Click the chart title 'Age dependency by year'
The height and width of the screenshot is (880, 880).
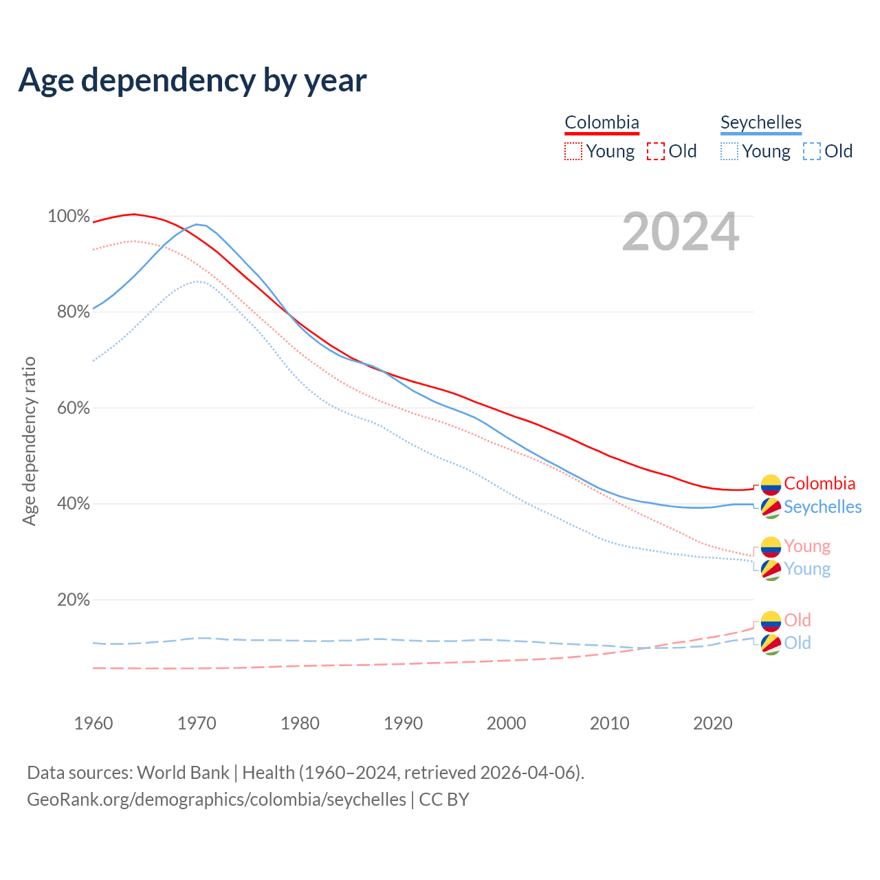(192, 80)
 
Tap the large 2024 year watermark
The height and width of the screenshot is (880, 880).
(681, 232)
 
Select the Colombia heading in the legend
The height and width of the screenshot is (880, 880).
(602, 122)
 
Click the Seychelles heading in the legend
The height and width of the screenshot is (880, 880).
(760, 122)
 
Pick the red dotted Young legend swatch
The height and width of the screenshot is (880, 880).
(573, 151)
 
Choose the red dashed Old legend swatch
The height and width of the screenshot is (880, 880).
(656, 151)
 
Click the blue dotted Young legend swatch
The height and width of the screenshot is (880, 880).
(729, 151)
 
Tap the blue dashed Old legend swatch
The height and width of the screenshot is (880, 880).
(812, 151)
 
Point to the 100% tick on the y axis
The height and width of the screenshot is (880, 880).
(69, 217)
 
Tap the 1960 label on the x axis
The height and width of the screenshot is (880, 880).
(93, 723)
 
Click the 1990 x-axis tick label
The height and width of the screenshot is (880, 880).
(404, 723)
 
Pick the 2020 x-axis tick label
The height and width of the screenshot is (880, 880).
(713, 723)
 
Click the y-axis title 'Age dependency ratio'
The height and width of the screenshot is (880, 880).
(29, 441)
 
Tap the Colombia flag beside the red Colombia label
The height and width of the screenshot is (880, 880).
(771, 485)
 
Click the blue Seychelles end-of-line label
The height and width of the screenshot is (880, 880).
(822, 507)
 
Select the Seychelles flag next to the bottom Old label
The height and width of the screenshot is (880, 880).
(771, 644)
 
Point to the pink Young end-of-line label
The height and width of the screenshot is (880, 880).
(807, 546)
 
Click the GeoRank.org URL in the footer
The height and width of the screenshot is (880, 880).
(217, 800)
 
